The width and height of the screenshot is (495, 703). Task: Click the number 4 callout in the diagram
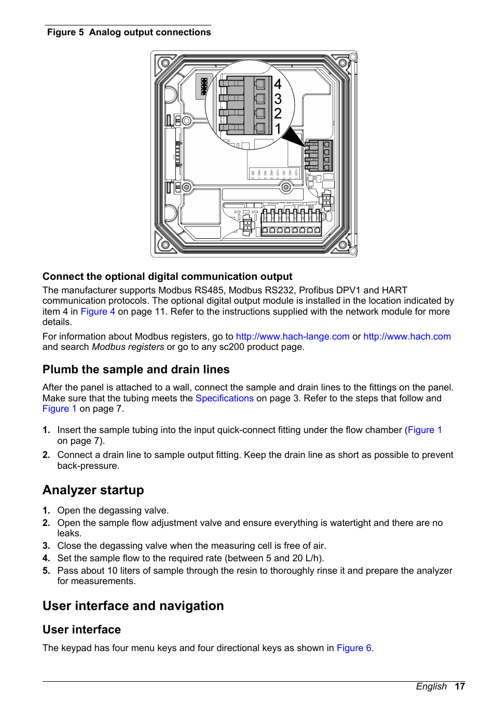[278, 84]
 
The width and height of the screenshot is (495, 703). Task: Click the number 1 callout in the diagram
[278, 128]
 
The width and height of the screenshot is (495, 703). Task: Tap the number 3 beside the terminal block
[278, 99]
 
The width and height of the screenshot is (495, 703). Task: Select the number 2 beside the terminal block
[278, 113]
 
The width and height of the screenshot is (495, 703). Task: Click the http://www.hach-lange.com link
[293, 336]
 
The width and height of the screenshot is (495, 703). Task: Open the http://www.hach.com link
[407, 336]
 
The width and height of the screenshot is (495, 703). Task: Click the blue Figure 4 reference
[98, 312]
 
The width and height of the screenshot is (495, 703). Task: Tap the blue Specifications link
[224, 398]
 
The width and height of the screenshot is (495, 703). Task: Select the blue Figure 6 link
[354, 648]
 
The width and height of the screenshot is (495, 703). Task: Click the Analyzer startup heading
[93, 490]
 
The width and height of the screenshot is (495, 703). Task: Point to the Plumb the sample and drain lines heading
[136, 370]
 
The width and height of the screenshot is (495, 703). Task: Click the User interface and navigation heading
[133, 606]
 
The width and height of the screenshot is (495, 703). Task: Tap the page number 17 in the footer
[460, 686]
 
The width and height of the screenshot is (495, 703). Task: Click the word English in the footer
[431, 686]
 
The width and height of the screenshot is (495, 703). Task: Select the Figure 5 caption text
[129, 32]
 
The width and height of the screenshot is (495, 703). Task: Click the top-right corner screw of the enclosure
[342, 64]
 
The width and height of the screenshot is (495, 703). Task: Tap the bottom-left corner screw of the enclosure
[165, 244]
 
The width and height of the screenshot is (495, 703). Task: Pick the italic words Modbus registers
[128, 347]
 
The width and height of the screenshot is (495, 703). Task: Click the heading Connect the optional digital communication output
[167, 277]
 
